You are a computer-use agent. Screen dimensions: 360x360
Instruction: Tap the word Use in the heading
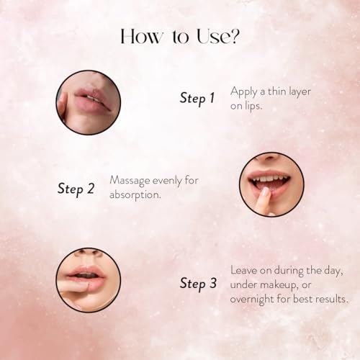click(212, 37)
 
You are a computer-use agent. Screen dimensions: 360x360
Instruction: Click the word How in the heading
click(141, 37)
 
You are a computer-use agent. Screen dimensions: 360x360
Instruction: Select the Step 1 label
click(197, 98)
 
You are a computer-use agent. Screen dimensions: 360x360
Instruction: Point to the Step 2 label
click(76, 189)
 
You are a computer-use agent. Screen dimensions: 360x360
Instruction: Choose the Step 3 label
click(198, 283)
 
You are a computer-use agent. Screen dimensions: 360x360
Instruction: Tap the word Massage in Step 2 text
click(130, 181)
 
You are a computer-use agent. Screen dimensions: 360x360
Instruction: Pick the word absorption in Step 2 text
click(135, 195)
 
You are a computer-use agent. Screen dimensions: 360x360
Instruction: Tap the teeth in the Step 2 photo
click(269, 179)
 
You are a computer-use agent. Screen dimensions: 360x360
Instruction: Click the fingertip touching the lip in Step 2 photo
click(265, 192)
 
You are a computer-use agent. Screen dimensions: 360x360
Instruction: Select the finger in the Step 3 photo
click(73, 287)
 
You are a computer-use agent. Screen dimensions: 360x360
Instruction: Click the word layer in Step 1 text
click(300, 92)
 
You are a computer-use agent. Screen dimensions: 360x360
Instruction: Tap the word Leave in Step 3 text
click(244, 270)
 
